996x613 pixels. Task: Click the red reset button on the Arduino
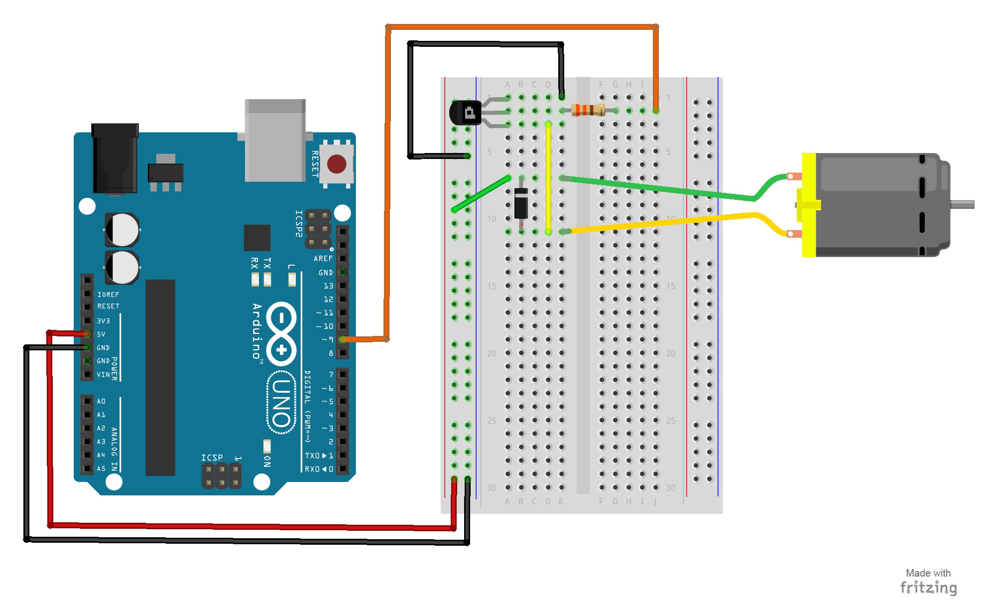[337, 163]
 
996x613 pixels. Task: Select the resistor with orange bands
[588, 110]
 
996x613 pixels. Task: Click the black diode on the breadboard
[521, 203]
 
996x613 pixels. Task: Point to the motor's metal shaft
[962, 204]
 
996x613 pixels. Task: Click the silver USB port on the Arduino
[275, 141]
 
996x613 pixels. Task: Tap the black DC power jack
[115, 158]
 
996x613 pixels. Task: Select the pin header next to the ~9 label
[343, 339]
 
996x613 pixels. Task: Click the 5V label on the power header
[101, 334]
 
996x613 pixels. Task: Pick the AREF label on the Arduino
[323, 259]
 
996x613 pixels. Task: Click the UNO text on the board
[282, 403]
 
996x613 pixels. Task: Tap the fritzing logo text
[928, 588]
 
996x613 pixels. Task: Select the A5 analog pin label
[101, 468]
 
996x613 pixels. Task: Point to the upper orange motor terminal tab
[794, 176]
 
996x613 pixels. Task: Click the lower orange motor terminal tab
[794, 234]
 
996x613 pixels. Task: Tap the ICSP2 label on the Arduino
[299, 223]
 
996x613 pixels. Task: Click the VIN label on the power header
[103, 374]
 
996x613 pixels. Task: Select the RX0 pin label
[312, 469]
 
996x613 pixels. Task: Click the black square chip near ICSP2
[257, 238]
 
